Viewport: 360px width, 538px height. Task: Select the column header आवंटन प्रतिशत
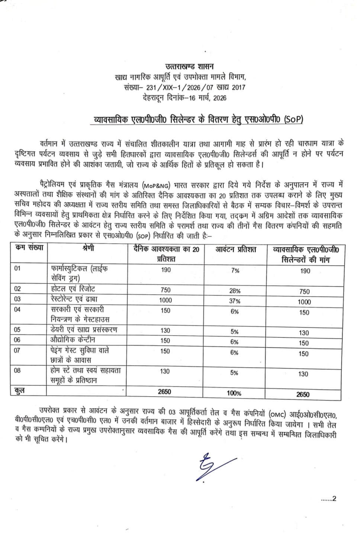235,250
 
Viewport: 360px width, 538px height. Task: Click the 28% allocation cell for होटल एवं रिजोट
235,291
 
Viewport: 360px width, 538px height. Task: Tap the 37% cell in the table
235,301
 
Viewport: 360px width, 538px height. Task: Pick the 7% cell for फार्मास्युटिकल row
235,270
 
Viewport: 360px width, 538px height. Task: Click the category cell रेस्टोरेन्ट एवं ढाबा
79,299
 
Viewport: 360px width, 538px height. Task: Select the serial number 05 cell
17,330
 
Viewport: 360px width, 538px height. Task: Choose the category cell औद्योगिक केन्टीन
73,340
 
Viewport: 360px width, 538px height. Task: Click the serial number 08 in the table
17,371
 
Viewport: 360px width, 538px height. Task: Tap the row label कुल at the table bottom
20,390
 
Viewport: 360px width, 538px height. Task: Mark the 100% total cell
234,393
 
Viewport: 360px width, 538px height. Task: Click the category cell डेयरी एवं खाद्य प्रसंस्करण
84,330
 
